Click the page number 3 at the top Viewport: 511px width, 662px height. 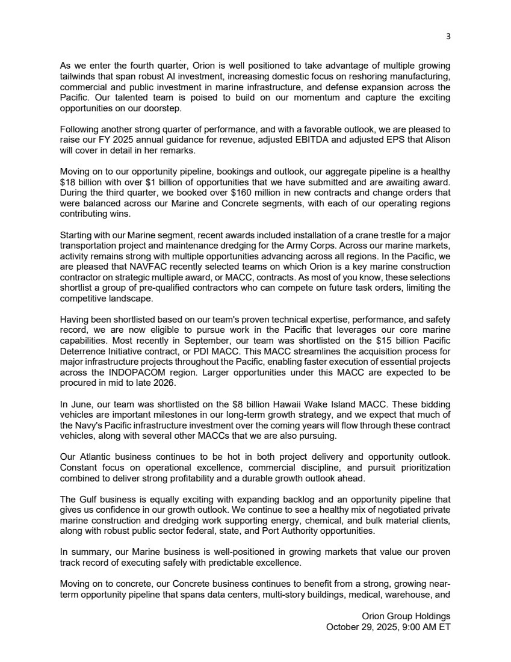[x=448, y=36]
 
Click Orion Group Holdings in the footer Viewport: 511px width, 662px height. [x=406, y=617]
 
